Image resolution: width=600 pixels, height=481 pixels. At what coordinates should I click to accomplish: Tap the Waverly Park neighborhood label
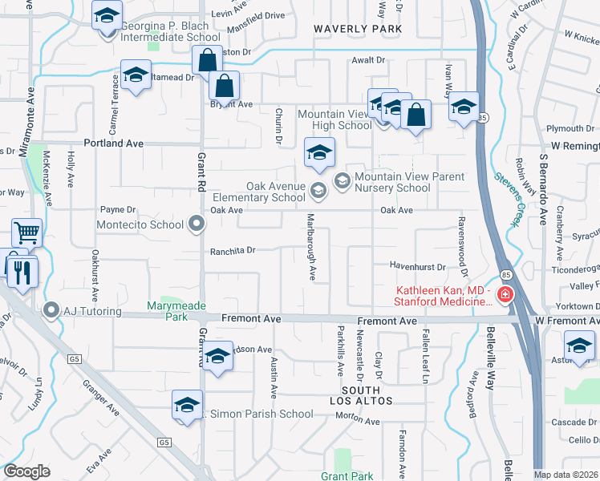pyautogui.click(x=357, y=29)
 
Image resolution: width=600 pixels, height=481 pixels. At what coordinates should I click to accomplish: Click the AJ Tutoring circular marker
pyautogui.click(x=52, y=309)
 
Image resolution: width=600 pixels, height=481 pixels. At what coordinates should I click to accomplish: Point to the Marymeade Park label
pyautogui.click(x=176, y=312)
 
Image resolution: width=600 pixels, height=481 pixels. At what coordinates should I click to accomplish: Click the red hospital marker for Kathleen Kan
pyautogui.click(x=505, y=296)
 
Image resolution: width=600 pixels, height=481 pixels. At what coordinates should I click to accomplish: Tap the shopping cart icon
pyautogui.click(x=26, y=232)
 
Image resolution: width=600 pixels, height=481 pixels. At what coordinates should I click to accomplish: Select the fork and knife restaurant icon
pyautogui.click(x=22, y=273)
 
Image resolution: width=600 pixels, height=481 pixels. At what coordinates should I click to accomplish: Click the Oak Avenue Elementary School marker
pyautogui.click(x=318, y=190)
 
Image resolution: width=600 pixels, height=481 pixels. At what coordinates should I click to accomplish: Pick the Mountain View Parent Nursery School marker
pyautogui.click(x=343, y=181)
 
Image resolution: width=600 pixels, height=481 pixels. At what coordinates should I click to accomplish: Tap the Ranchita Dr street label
pyautogui.click(x=233, y=250)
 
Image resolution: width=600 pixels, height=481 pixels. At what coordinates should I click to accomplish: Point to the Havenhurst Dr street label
pyautogui.click(x=417, y=266)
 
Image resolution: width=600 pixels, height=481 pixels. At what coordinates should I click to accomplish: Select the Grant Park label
pyautogui.click(x=346, y=476)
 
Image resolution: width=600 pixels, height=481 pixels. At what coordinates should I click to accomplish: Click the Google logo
pyautogui.click(x=26, y=471)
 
